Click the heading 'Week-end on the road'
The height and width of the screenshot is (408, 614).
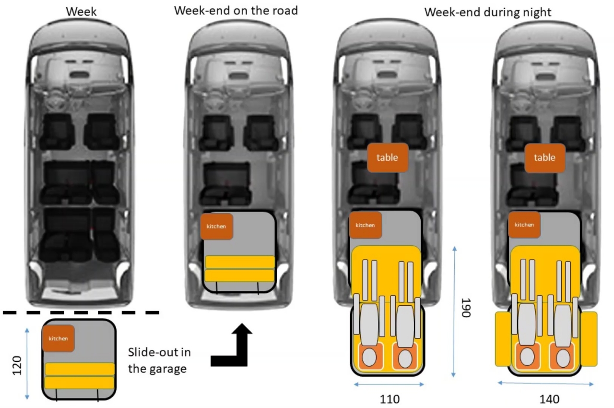(x=236, y=10)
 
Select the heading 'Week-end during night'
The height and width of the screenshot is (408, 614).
(x=488, y=12)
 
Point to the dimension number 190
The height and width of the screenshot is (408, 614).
(x=465, y=307)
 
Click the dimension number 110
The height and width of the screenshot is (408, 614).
(x=389, y=399)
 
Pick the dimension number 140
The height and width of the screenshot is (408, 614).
(x=548, y=399)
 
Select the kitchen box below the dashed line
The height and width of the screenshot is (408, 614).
(x=58, y=338)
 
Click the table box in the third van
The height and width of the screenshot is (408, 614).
(x=388, y=157)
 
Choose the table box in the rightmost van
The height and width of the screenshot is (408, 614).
(x=544, y=157)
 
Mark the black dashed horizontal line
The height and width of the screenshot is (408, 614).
(x=81, y=312)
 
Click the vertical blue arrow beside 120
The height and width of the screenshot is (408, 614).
(x=27, y=363)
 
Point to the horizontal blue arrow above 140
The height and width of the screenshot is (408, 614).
(x=545, y=383)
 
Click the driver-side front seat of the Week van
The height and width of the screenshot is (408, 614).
(x=57, y=131)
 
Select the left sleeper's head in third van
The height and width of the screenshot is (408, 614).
(x=369, y=358)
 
